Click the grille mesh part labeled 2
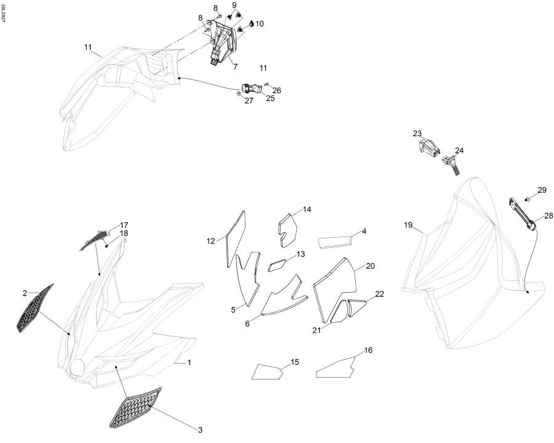pos(34,308)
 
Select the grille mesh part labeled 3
pos(135,407)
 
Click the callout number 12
pos(211,242)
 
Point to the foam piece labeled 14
pos(288,224)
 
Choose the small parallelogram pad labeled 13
pos(278,265)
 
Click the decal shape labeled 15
pos(268,372)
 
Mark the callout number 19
pos(407,226)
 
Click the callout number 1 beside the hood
pos(189,363)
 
